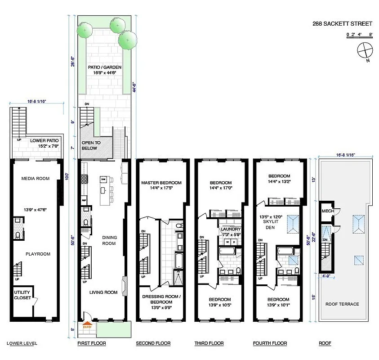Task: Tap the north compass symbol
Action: tap(364, 50)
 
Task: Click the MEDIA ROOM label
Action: tap(35, 179)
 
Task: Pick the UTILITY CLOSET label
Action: tap(22, 295)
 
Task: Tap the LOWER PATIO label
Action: tap(45, 143)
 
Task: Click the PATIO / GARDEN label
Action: tap(104, 70)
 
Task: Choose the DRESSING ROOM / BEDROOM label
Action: tap(161, 299)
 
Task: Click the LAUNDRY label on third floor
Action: tap(231, 229)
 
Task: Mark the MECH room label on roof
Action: tap(326, 212)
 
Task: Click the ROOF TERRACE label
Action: tap(343, 304)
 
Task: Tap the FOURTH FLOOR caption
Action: tap(270, 344)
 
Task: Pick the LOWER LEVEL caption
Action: tap(22, 344)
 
